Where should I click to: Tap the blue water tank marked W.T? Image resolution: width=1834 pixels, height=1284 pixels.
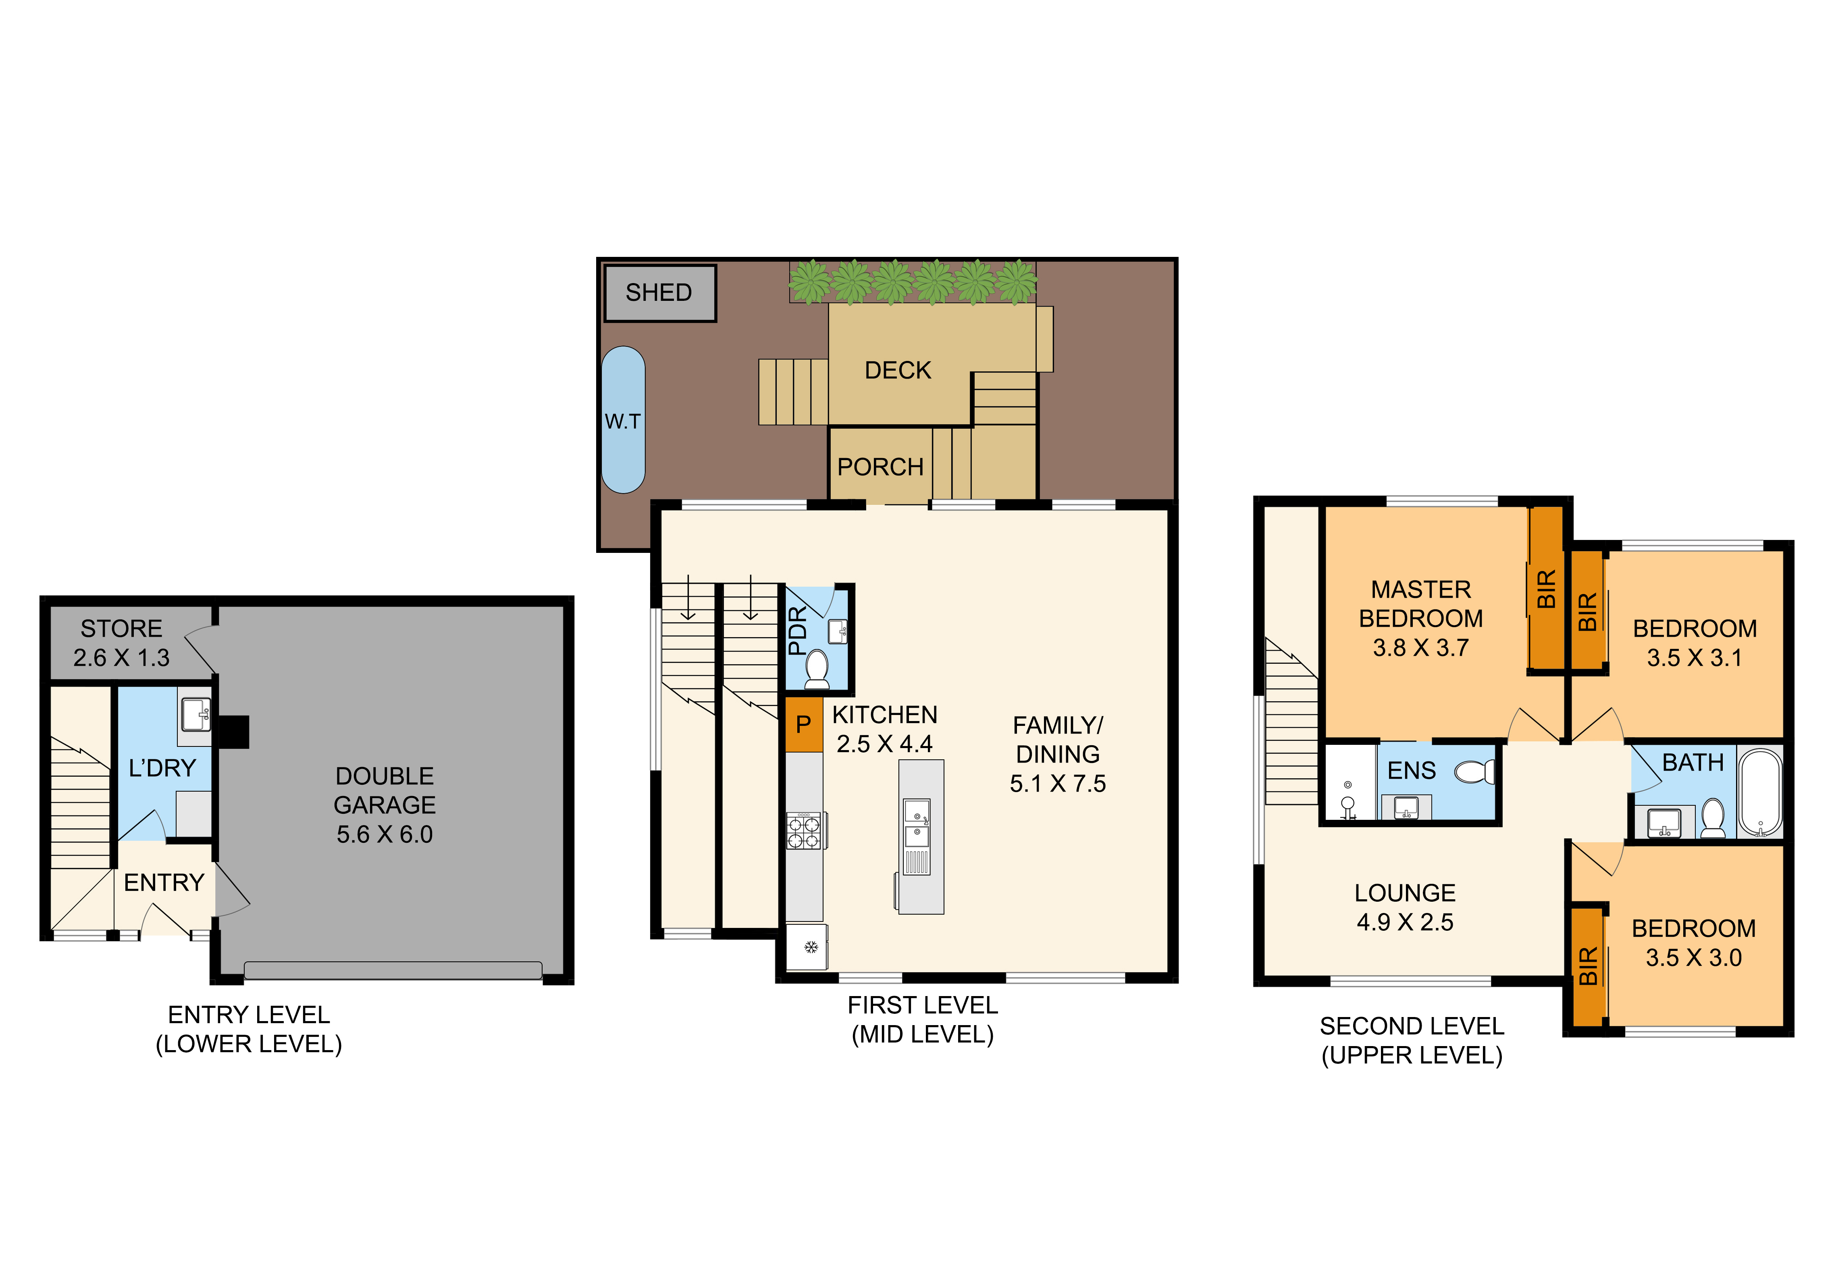[623, 419]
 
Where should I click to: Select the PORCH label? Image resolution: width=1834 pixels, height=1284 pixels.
[880, 467]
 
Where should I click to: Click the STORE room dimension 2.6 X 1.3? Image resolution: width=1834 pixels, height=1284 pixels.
[121, 658]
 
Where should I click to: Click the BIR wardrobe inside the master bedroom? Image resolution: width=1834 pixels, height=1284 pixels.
[1546, 589]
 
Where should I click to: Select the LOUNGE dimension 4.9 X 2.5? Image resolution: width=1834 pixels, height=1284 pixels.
[1405, 922]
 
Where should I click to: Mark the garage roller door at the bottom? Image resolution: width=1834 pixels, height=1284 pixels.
[393, 970]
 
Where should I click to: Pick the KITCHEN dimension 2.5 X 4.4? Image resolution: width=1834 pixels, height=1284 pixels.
[884, 744]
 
